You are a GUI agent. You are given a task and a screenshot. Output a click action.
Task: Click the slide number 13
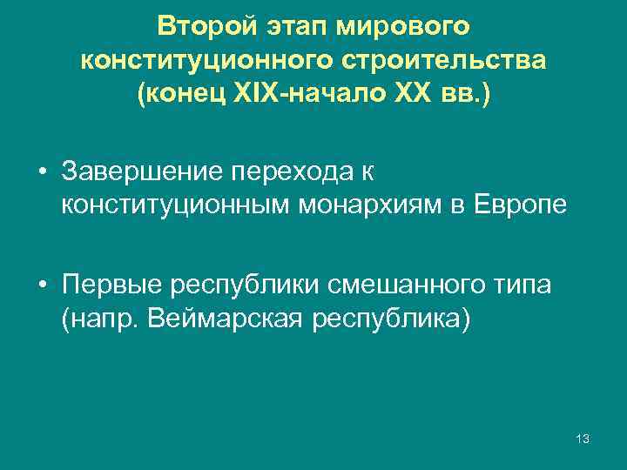[583, 439]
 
